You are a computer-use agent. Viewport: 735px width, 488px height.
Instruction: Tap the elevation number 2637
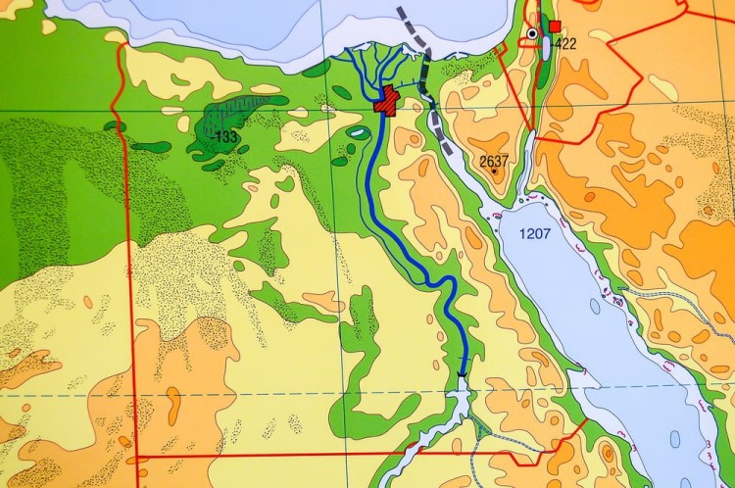pos(494,160)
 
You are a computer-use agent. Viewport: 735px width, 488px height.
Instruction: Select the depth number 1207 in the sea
pos(537,234)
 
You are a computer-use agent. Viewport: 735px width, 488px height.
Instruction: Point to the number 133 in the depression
pos(225,137)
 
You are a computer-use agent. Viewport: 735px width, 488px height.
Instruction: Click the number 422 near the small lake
pos(565,44)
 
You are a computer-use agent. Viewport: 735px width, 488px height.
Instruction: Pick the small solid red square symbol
pos(555,25)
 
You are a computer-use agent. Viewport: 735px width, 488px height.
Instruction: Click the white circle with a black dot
pos(532,33)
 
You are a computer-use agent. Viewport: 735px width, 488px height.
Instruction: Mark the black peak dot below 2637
pos(494,172)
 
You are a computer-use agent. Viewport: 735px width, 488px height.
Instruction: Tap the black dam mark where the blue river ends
pos(461,374)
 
